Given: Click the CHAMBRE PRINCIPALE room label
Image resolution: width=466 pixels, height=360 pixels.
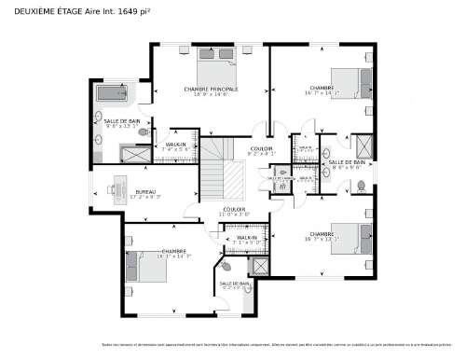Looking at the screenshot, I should [211, 90].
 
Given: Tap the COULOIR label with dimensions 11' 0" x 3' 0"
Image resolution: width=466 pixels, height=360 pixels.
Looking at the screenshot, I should [234, 214].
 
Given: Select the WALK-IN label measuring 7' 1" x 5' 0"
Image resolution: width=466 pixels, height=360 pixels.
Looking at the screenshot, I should [247, 240].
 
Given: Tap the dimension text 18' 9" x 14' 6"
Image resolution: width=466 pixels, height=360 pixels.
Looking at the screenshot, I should [211, 95].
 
